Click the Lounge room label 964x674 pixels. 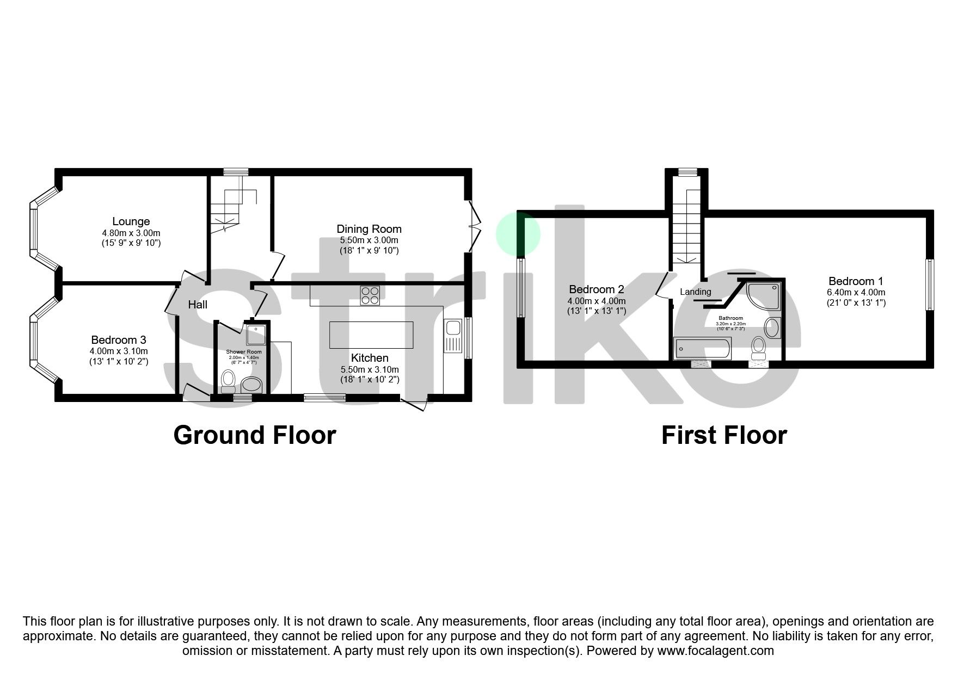click(x=131, y=221)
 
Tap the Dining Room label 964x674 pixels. click(x=369, y=229)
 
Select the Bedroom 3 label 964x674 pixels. click(x=118, y=341)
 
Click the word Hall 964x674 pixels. click(x=198, y=305)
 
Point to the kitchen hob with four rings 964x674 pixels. click(x=370, y=295)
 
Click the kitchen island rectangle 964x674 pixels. click(x=371, y=335)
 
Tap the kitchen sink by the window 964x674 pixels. click(x=452, y=329)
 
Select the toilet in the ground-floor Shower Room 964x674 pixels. click(x=228, y=380)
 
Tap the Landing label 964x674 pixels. click(x=695, y=292)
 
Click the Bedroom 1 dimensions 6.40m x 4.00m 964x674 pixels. click(x=856, y=292)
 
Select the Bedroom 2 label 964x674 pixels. click(x=596, y=289)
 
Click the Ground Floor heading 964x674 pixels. click(x=254, y=435)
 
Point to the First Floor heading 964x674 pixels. click(x=723, y=435)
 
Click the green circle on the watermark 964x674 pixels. click(x=518, y=234)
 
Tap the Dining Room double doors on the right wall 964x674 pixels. click(x=475, y=225)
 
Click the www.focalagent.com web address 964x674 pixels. click(x=715, y=651)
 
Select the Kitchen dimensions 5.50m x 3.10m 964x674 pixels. click(x=370, y=369)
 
